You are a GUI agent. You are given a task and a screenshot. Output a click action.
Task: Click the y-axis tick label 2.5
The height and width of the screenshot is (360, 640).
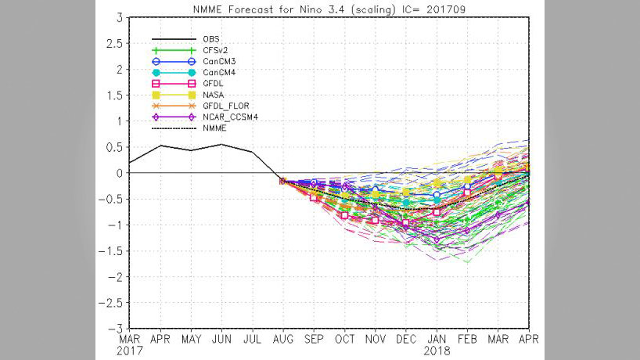point(115,43)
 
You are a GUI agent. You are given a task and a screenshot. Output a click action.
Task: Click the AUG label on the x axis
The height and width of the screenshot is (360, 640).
point(282,340)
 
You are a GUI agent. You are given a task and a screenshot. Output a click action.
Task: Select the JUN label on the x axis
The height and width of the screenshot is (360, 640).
point(221,340)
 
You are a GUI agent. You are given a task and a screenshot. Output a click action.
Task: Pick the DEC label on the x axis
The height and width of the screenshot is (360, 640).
point(406,340)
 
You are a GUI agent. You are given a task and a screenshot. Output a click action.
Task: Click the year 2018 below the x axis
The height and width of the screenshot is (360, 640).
point(437,351)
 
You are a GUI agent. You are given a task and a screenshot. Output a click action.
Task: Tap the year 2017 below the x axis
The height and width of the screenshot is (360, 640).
point(130,351)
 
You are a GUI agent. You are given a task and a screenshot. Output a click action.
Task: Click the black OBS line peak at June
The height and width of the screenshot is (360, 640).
point(221,144)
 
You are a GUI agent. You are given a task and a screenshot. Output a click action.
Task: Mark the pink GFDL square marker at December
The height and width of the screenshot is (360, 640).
point(406,223)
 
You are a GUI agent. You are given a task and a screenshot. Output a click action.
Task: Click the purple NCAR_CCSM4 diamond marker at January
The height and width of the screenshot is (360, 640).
point(437,239)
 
